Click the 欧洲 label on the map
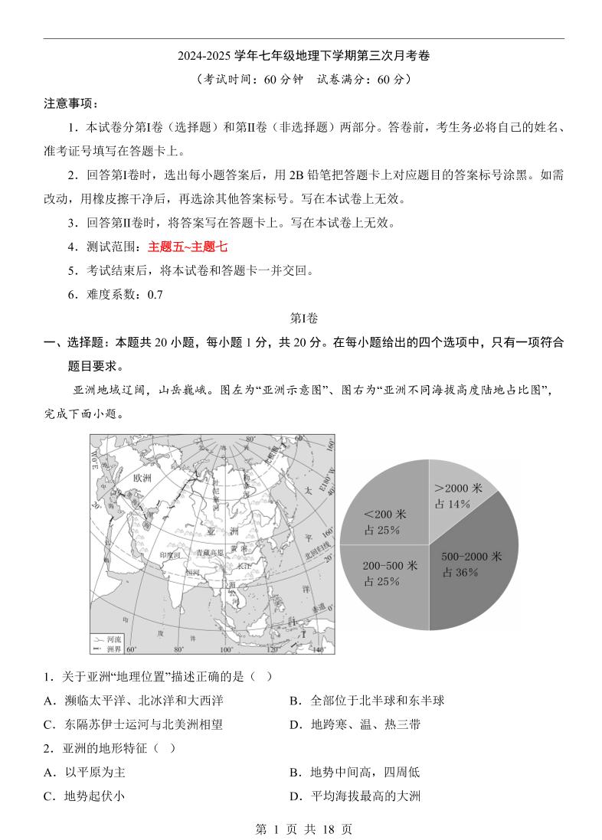click(143, 478)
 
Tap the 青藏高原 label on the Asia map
click(210, 551)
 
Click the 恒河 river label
click(192, 571)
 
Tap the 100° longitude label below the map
click(226, 650)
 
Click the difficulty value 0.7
click(155, 294)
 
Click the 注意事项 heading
click(70, 103)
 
